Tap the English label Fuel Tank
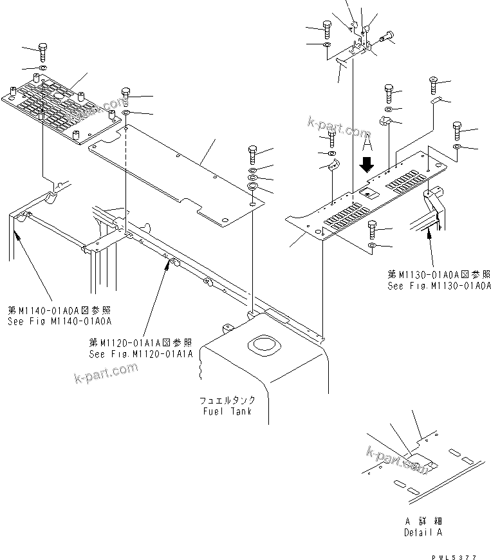click(x=225, y=411)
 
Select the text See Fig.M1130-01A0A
click(x=439, y=286)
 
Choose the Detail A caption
click(x=423, y=532)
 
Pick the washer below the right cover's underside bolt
click(x=373, y=246)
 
